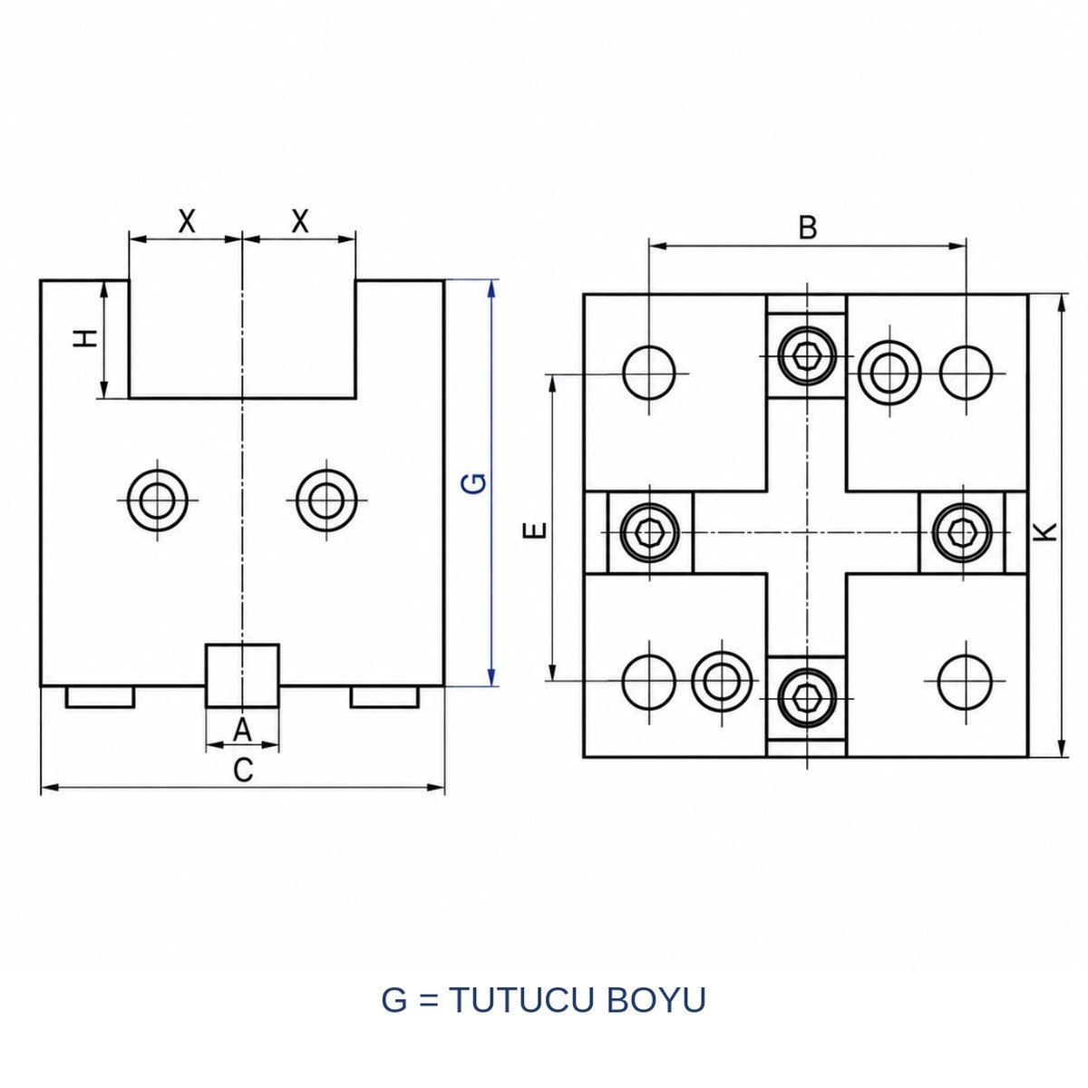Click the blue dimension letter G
pyautogui.click(x=478, y=483)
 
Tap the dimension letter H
pyautogui.click(x=86, y=339)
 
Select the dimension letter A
pyautogui.click(x=242, y=730)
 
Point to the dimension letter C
pyautogui.click(x=243, y=770)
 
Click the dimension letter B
pyautogui.click(x=808, y=228)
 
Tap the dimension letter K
pyautogui.click(x=1047, y=531)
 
